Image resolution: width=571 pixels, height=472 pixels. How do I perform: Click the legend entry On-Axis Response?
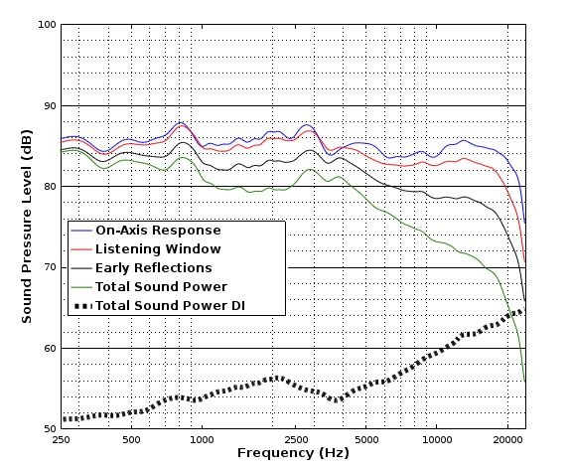point(158,231)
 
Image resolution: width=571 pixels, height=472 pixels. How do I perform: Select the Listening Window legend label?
point(158,249)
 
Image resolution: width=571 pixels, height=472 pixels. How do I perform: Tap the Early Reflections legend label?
point(153,268)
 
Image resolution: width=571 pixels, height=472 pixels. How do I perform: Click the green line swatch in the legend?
point(80,287)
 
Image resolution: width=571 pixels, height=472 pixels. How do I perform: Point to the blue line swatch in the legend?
point(80,231)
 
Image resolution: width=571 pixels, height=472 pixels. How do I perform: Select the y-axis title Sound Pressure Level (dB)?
point(27,228)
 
